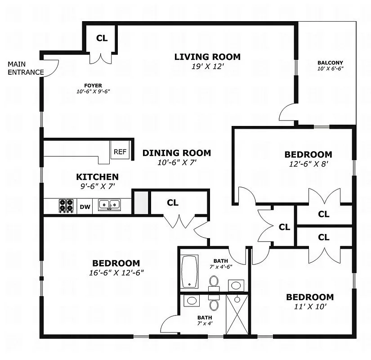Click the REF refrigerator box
[120, 152]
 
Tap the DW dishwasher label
[85, 207]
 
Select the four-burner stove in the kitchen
[67, 206]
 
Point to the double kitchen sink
[109, 205]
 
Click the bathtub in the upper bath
[189, 271]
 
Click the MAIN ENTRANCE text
[26, 68]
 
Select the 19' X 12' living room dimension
[207, 66]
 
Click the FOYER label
[93, 85]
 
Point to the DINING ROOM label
[176, 153]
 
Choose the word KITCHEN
[97, 177]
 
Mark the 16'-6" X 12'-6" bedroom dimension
[116, 272]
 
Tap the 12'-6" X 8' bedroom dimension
[308, 164]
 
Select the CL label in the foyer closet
[102, 38]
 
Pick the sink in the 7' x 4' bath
[192, 301]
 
